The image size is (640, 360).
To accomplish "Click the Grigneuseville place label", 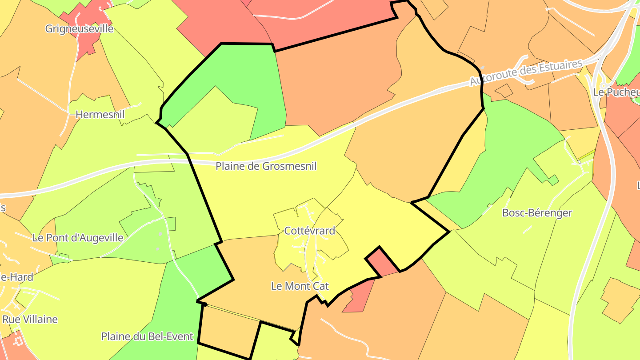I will (79, 29).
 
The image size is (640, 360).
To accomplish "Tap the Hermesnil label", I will (100, 114).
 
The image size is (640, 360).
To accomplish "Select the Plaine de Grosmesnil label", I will (266, 166).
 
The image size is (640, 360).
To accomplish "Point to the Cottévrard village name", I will (309, 231).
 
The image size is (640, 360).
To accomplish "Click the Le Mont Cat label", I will (300, 286).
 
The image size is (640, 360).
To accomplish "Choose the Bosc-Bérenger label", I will (537, 213).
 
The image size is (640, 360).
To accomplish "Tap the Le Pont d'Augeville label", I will (78, 238).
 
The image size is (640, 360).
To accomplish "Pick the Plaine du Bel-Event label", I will (147, 336).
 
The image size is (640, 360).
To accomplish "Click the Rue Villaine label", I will (30, 319).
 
